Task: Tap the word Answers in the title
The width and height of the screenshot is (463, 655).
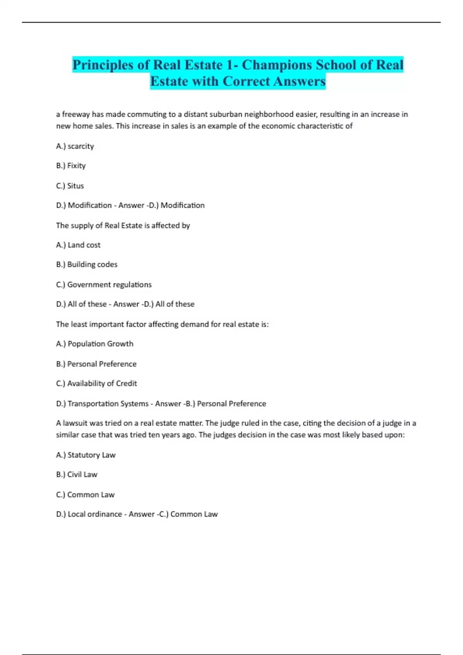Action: [x=299, y=81]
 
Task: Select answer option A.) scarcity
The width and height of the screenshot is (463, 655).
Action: [x=75, y=146]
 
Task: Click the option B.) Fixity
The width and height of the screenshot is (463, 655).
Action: [x=71, y=166]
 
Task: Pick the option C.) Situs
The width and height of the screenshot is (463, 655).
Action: [x=70, y=186]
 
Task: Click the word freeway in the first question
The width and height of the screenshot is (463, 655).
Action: [x=76, y=114]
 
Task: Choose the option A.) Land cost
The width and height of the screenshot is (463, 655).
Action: [x=78, y=245]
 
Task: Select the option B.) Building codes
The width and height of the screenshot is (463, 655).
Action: [x=87, y=264]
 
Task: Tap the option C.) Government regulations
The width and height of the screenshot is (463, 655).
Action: [x=104, y=285]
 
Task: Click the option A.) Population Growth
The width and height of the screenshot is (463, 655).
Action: [x=95, y=344]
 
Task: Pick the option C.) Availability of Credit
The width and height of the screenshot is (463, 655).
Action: [x=96, y=383]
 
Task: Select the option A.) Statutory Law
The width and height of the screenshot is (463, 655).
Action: [x=86, y=455]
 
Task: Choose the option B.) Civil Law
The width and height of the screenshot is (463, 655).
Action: [x=77, y=475]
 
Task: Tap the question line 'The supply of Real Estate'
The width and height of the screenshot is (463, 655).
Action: [x=123, y=225]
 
